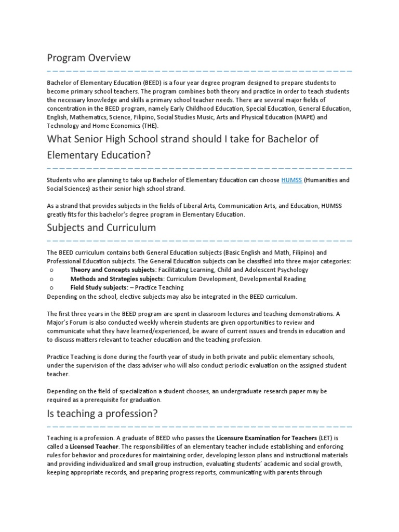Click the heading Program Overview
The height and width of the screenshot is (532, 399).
pos(88,58)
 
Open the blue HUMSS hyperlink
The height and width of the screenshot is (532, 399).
pos(291,180)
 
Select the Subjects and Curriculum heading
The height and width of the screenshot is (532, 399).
pos(101,228)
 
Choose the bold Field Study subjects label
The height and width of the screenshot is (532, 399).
pos(99,287)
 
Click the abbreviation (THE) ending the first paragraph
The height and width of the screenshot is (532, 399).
pos(150,126)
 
